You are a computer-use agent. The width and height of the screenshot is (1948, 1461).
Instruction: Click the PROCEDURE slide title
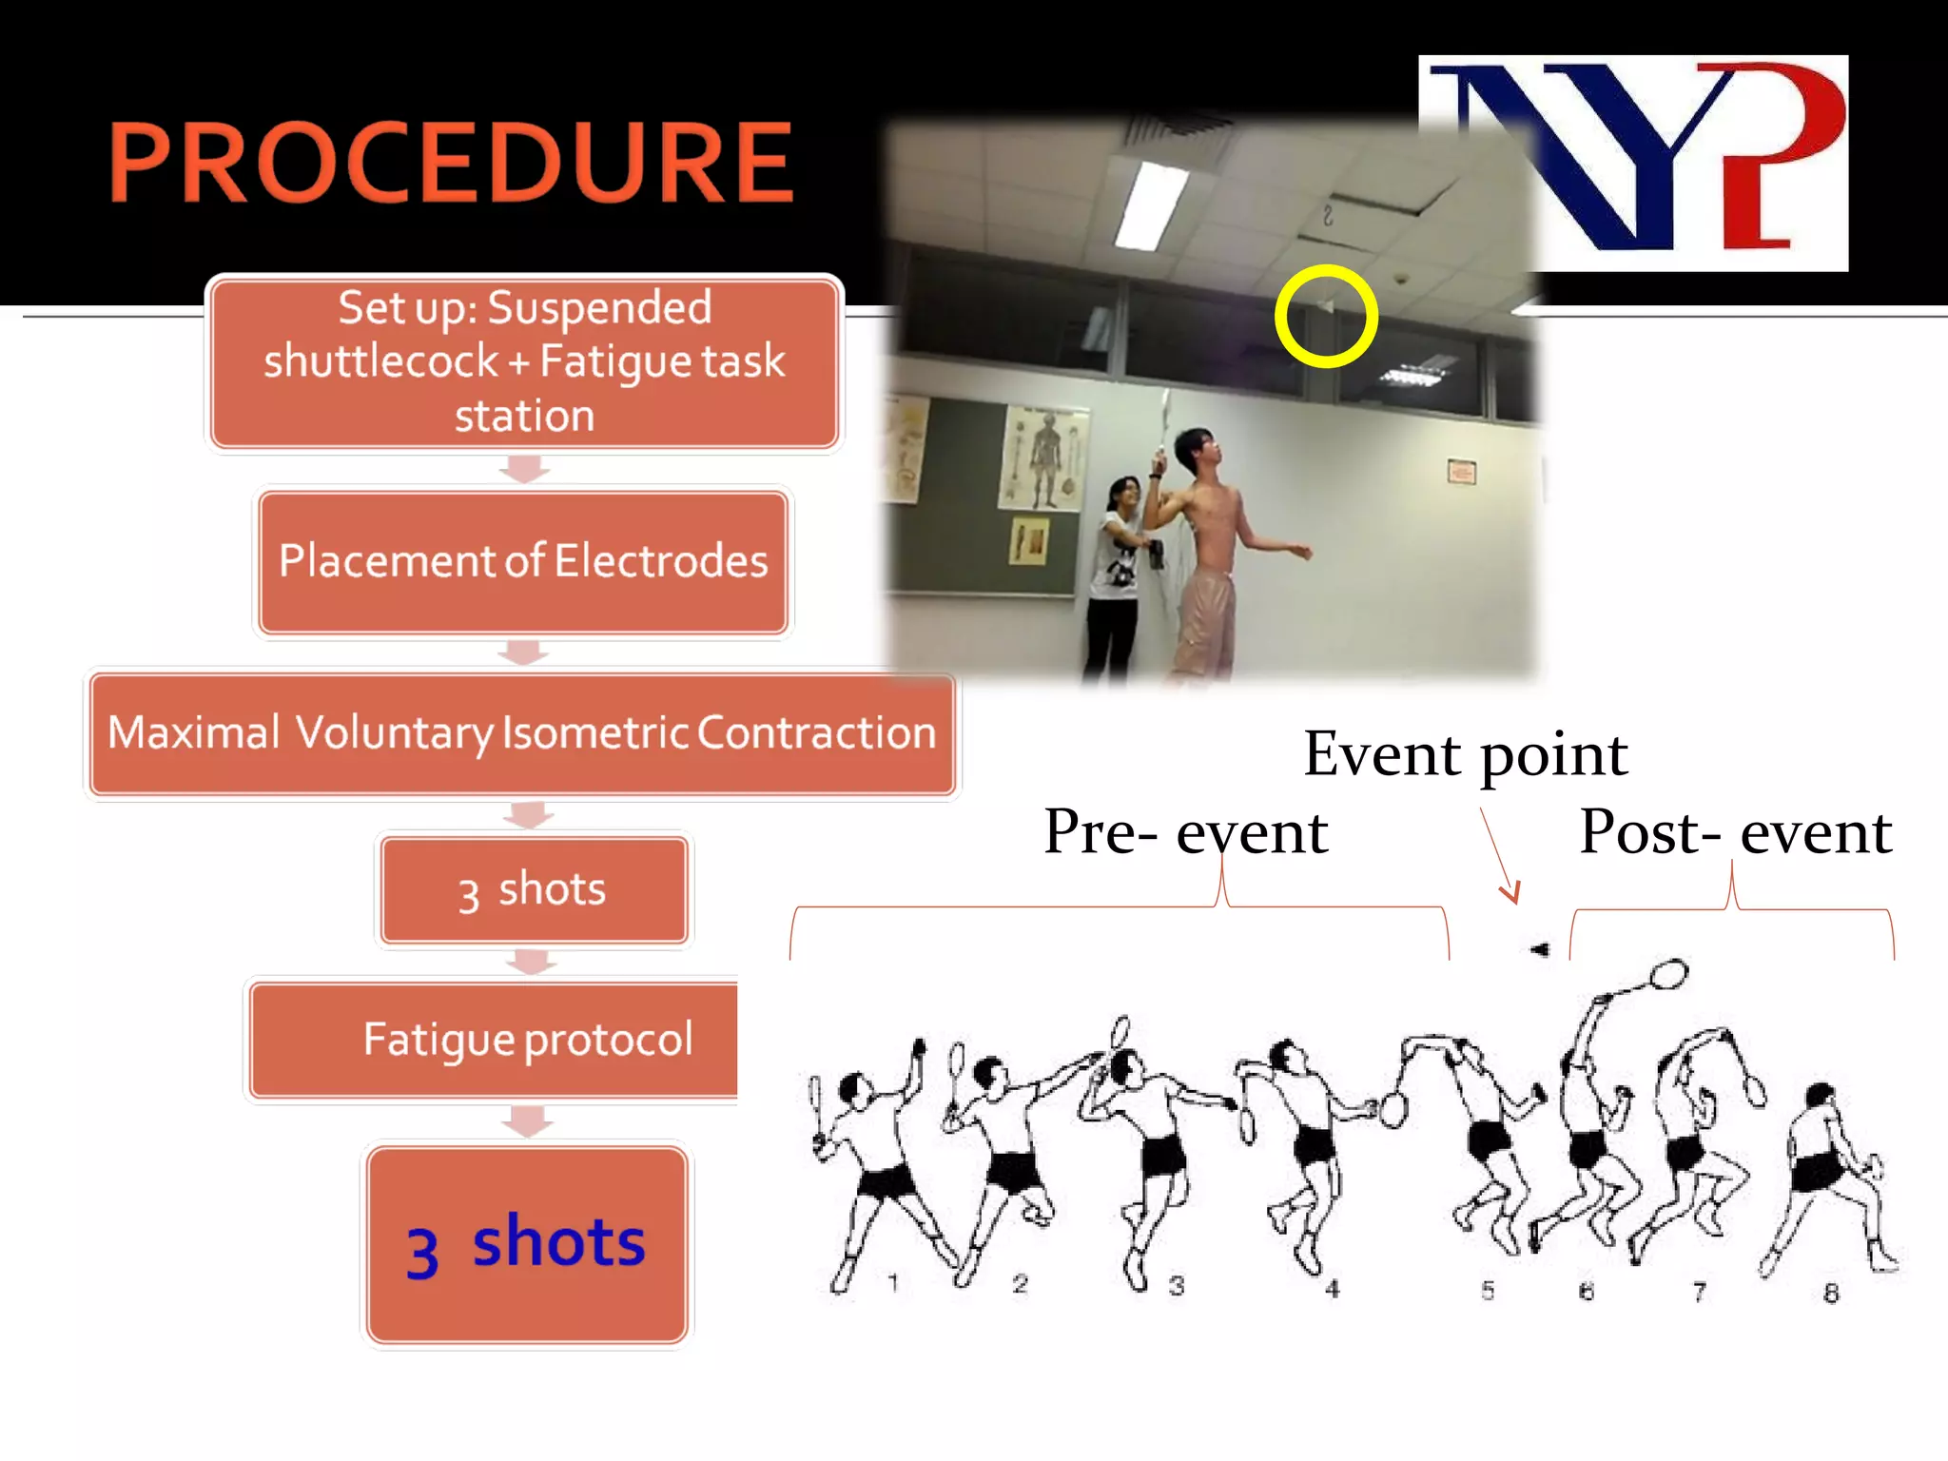point(451,163)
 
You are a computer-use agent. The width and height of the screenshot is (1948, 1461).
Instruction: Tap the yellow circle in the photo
point(1326,317)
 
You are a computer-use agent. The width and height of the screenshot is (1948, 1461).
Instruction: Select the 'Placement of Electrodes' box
point(523,561)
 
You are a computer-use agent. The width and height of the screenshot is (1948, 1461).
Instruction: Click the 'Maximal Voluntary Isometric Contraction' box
point(522,733)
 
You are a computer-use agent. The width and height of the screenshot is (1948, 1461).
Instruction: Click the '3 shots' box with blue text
point(527,1244)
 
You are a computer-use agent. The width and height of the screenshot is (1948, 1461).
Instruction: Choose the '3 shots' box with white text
point(533,890)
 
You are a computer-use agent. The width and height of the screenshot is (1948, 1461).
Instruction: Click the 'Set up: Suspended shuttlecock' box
point(524,362)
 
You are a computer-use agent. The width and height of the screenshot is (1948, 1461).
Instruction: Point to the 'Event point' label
point(1465,755)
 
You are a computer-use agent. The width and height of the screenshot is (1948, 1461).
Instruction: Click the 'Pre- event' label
point(1185,832)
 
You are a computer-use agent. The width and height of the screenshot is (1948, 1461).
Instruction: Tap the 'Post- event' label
point(1735,832)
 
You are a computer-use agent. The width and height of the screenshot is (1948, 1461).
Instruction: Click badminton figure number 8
point(1826,1179)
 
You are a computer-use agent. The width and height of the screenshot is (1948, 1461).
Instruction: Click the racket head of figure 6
point(1668,974)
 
